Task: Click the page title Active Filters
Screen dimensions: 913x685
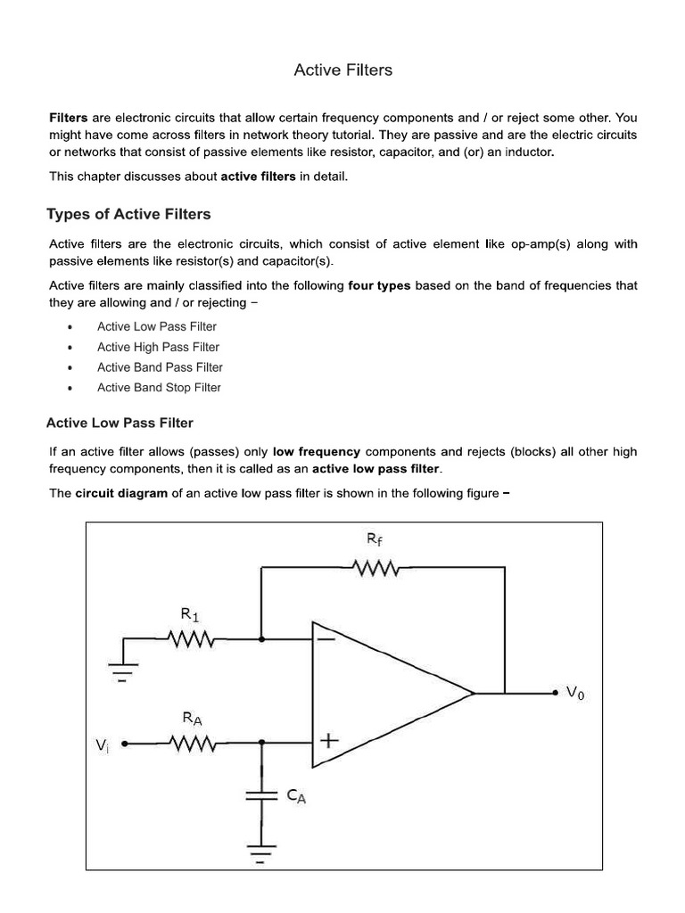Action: click(342, 70)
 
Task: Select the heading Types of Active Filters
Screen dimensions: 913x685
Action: click(128, 214)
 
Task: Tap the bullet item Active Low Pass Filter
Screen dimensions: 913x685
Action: click(156, 327)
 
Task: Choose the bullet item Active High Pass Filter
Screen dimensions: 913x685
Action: click(158, 347)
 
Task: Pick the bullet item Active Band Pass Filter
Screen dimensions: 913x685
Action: click(160, 367)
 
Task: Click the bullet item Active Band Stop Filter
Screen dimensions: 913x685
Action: click(159, 388)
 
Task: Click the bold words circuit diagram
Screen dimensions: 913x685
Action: click(121, 493)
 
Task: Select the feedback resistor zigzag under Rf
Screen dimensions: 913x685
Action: click(378, 568)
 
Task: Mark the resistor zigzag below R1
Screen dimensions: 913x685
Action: click(191, 639)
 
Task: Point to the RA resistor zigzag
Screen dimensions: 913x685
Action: click(191, 742)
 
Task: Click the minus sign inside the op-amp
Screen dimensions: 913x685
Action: click(328, 638)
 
